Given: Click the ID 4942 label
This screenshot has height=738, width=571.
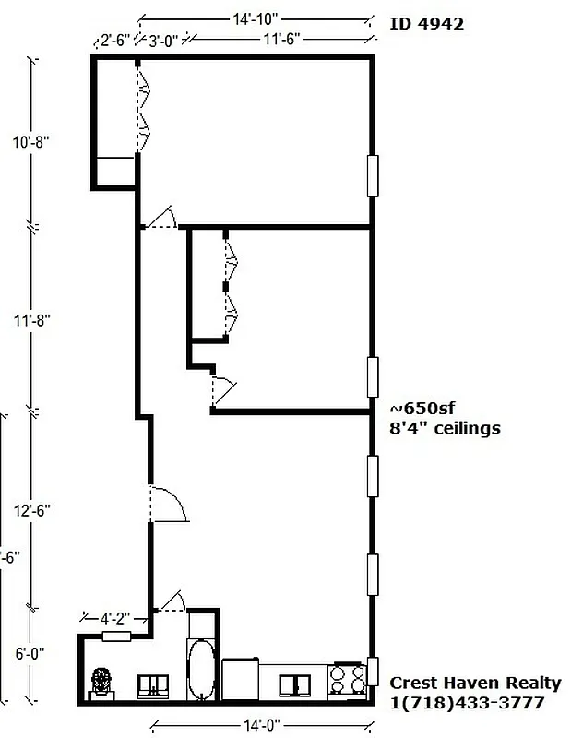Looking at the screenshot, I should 425,24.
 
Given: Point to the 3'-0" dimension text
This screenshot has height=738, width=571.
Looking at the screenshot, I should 166,41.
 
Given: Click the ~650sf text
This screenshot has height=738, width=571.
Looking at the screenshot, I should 423,410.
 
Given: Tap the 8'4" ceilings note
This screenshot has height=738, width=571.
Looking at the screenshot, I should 446,428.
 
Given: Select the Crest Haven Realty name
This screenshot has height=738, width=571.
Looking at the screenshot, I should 475,684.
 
